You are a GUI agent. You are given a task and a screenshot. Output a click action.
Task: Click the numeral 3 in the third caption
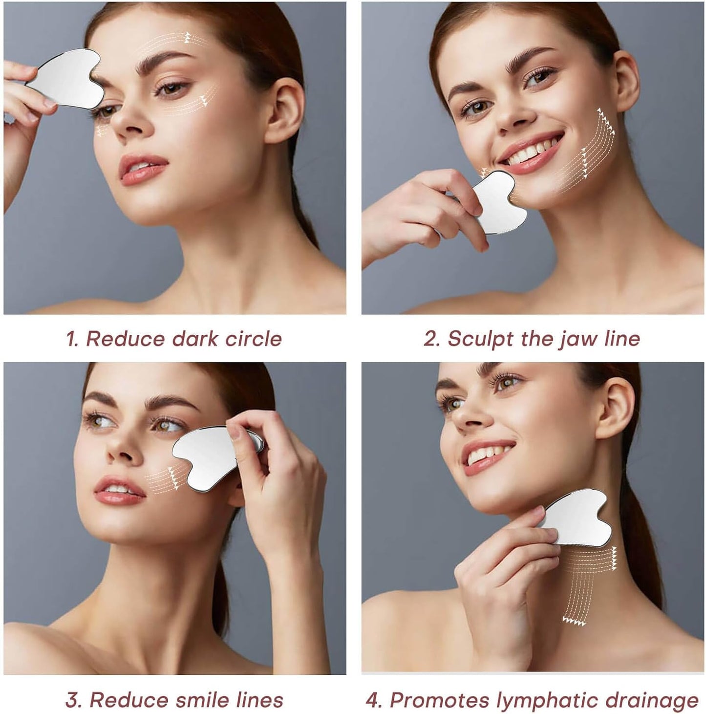click(x=73, y=700)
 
